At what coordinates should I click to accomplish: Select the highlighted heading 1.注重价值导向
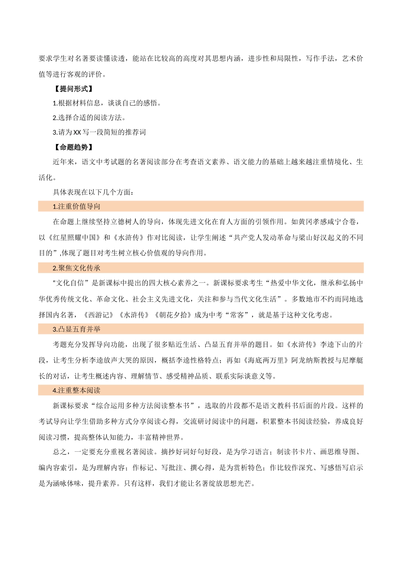tap(77, 207)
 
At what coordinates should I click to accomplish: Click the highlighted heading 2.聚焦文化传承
tap(77, 268)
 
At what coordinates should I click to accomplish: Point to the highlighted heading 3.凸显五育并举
tap(77, 329)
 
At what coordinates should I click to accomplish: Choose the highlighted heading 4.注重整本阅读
tap(77, 390)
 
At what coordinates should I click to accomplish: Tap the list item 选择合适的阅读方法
tap(89, 118)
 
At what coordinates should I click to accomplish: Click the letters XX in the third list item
tap(77, 133)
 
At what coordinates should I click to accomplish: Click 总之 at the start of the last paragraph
tap(60, 452)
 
